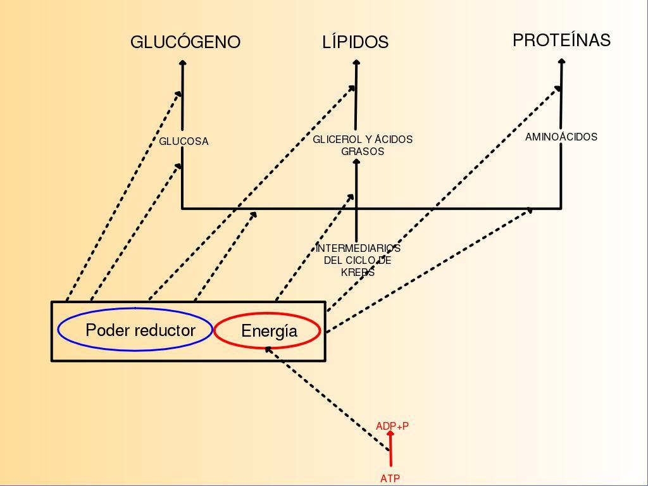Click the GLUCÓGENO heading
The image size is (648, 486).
click(185, 42)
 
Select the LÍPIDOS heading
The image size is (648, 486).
click(355, 42)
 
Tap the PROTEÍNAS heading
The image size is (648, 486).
click(561, 40)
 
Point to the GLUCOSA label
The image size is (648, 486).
click(184, 142)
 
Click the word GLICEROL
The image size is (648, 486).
click(335, 139)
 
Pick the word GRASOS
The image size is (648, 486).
click(363, 152)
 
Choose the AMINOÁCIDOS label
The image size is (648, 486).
click(561, 137)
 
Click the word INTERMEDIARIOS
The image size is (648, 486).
click(358, 249)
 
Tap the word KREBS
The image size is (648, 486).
click(358, 273)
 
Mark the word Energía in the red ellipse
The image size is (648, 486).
click(269, 331)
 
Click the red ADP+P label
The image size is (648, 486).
click(392, 427)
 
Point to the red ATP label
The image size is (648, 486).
click(390, 479)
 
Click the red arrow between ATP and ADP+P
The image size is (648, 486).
click(390, 451)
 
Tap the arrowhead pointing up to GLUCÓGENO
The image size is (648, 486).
click(183, 63)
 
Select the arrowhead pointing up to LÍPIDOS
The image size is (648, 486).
click(357, 63)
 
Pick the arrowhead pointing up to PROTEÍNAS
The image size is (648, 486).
click(562, 61)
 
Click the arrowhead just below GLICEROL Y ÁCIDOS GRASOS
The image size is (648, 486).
click(356, 162)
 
